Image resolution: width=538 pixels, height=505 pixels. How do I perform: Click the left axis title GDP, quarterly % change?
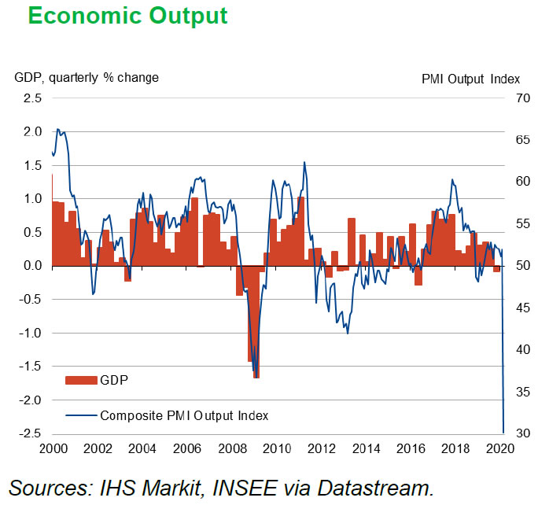(87, 77)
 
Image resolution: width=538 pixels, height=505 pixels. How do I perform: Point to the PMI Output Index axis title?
(471, 79)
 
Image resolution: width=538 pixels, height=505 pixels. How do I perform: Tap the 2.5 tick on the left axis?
(32, 98)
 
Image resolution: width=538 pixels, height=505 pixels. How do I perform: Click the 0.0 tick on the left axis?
(32, 266)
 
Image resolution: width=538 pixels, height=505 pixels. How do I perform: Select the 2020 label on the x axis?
(503, 449)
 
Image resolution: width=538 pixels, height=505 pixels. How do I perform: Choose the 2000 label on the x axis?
(52, 449)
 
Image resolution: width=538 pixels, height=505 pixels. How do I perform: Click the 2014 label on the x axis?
(368, 449)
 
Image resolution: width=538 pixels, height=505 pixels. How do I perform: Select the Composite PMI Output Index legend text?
(185, 415)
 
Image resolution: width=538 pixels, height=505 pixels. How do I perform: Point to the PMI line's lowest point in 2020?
(503, 432)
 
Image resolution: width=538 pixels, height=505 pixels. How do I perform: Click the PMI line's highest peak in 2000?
(57, 130)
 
